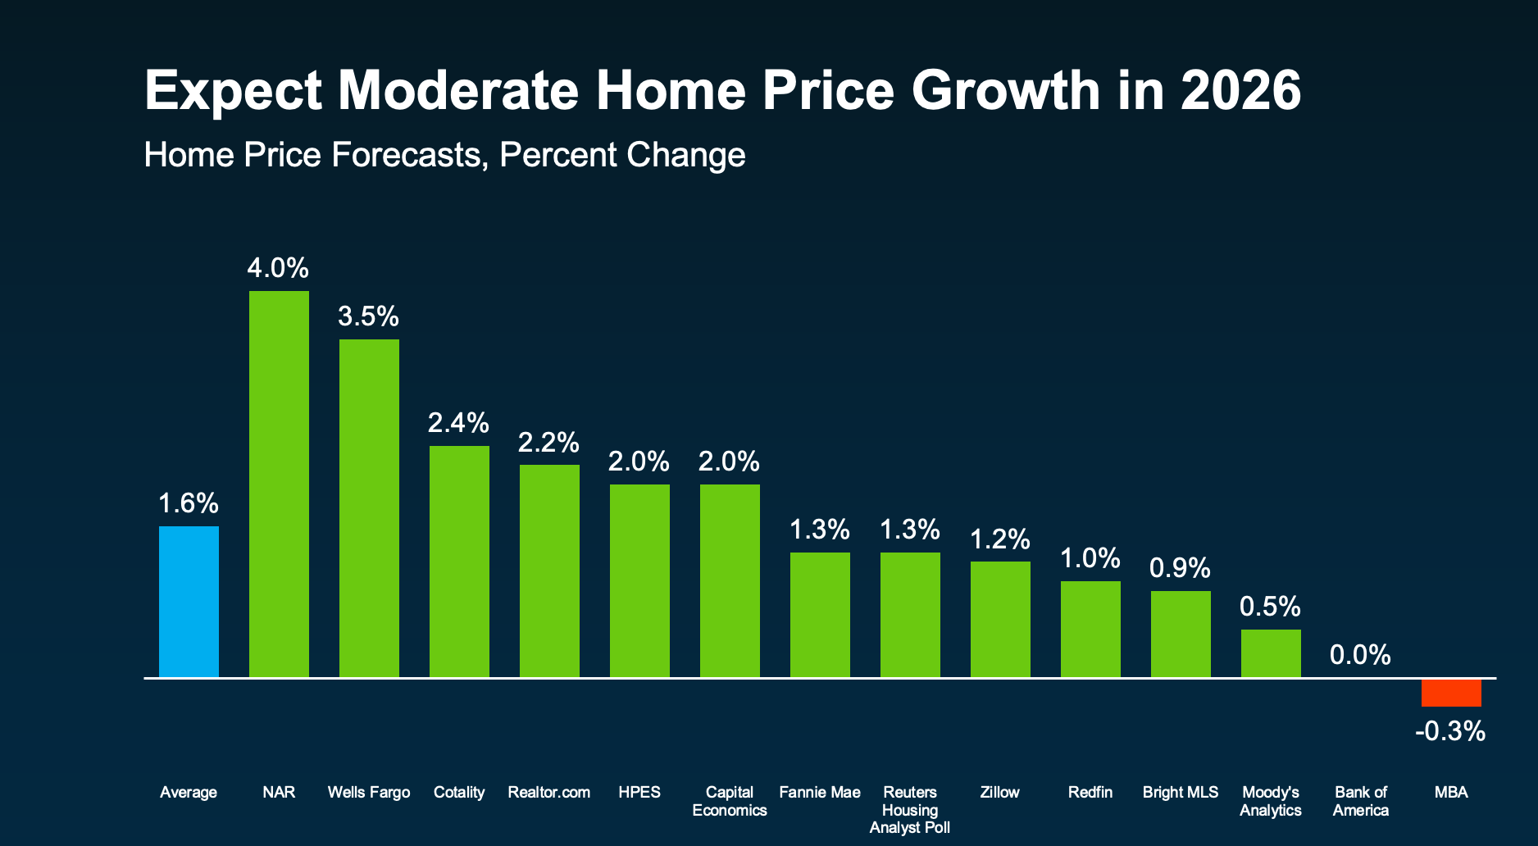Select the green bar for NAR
279,484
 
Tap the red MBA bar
1451,693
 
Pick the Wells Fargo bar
369,508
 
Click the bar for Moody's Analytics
1271,653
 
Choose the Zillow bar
1000,619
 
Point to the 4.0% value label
279,268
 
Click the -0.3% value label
1450,731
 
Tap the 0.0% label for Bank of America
1360,655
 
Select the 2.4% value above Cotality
458,423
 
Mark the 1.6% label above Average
189,503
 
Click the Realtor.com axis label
549,793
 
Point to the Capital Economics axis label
730,802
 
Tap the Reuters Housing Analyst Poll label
910,810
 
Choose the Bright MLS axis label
1181,793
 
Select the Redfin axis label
1090,793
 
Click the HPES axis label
639,793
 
